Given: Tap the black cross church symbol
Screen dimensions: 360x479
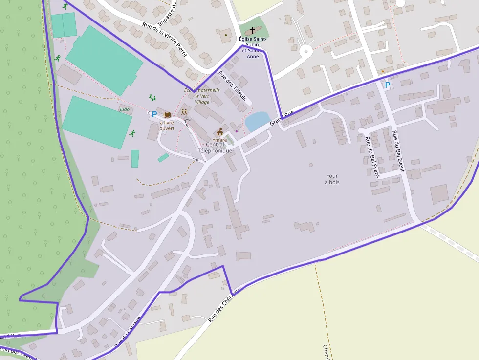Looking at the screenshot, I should (252, 30).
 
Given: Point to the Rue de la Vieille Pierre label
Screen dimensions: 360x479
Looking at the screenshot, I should (165, 39).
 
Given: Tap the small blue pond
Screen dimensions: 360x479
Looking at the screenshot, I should (257, 122).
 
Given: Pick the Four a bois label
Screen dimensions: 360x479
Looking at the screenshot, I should (332, 179).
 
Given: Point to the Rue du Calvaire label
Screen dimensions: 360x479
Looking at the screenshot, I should (128, 332).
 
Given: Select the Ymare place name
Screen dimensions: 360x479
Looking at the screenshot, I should (219, 140).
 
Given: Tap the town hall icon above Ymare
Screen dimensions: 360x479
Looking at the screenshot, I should (220, 132).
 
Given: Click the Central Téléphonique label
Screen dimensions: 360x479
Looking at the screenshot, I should (215, 148).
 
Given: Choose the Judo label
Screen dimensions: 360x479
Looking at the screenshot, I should (125, 109).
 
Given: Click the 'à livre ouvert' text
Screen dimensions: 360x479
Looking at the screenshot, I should (167, 126).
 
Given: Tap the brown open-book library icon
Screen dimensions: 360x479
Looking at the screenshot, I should (167, 115).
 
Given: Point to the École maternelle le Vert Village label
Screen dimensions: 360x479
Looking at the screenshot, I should (202, 96).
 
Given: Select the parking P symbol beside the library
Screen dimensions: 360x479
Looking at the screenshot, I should (154, 114).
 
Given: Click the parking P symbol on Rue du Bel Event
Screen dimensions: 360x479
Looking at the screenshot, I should (388, 85).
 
